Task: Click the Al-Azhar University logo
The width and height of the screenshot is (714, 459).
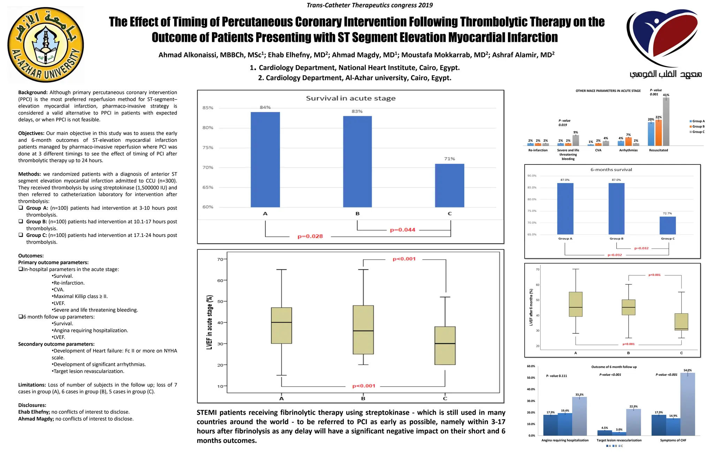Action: click(46, 45)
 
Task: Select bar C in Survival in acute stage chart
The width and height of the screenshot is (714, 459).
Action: click(449, 185)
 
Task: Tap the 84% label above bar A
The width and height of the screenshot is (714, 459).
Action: click(265, 107)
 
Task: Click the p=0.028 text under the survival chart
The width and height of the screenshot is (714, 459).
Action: click(310, 236)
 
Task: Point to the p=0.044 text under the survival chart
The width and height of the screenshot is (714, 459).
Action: click(402, 230)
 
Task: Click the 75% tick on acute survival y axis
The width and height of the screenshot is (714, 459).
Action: click(207, 147)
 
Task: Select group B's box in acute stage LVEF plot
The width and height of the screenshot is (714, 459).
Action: click(363, 330)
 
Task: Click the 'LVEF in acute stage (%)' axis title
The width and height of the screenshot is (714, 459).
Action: click(210, 322)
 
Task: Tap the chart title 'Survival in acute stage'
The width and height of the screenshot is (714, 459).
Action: click(350, 98)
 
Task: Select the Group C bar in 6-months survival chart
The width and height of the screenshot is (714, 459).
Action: click(667, 225)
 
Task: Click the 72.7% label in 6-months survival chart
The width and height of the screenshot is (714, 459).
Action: click(667, 213)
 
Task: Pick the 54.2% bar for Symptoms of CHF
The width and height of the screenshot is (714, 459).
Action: click(687, 404)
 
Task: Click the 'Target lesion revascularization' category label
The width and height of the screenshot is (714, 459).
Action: click(619, 440)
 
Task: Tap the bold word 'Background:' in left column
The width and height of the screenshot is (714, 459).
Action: click(33, 92)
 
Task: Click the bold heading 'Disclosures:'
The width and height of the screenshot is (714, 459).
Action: click(32, 405)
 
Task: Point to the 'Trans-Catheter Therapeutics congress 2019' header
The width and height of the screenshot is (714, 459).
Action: click(370, 5)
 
